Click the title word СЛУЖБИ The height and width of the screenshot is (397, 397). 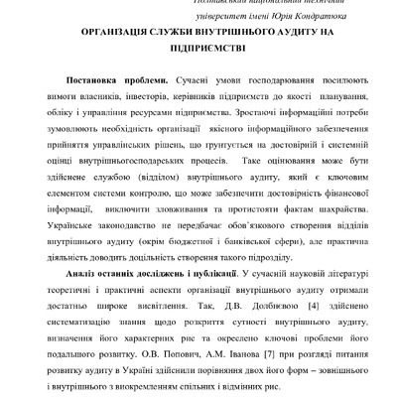coord(169,34)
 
